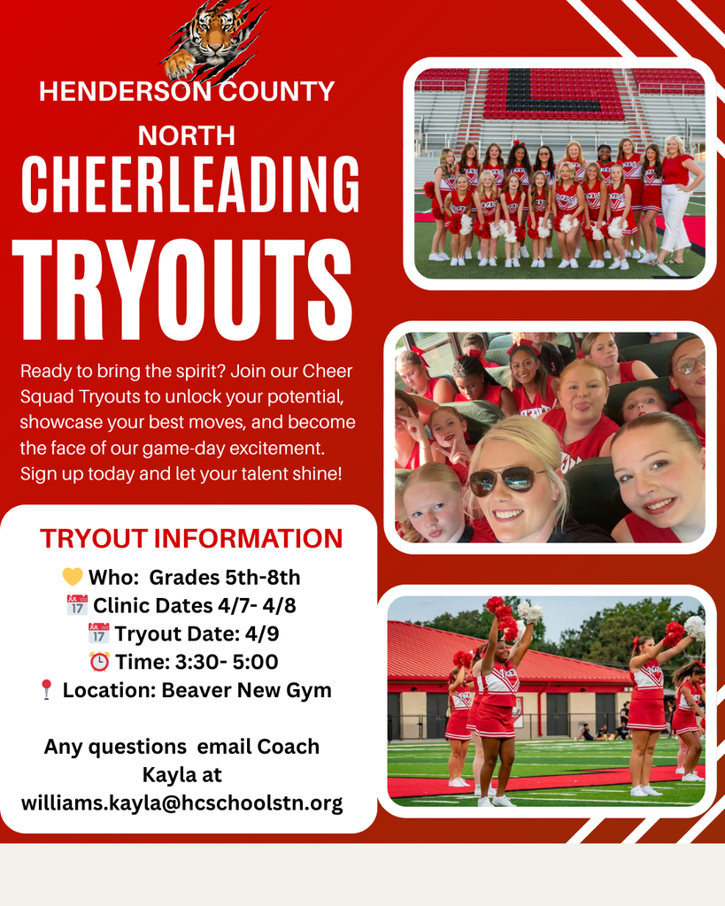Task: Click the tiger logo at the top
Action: pos(212,40)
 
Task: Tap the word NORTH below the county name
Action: pos(187,135)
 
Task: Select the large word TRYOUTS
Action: pos(181,281)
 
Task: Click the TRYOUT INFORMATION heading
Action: pos(191,538)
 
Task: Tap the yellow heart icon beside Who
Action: pos(73,578)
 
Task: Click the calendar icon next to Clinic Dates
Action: pos(77,606)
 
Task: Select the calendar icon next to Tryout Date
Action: pos(98,633)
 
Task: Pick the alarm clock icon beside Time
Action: pos(99,662)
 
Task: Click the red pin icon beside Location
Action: pos(46,690)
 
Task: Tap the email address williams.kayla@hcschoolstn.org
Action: pos(181,803)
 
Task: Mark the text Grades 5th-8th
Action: pos(225,578)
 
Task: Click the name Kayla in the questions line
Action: pos(181,775)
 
